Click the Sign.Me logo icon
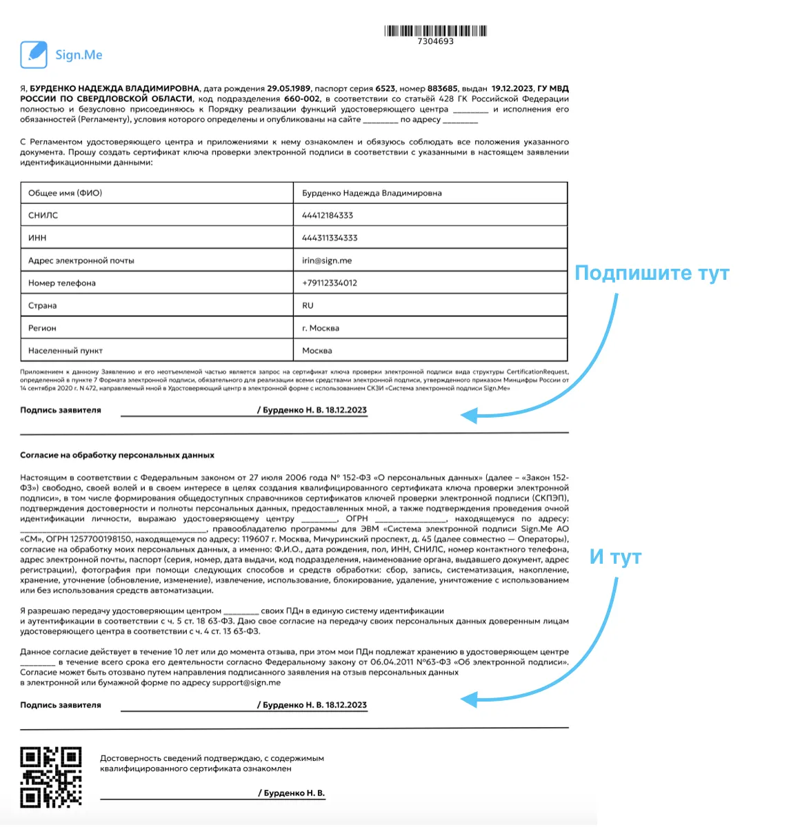(33, 54)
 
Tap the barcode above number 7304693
(435, 30)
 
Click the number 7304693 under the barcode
(435, 41)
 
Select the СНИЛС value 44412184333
(327, 216)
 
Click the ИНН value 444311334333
(330, 238)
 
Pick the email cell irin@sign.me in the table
(327, 261)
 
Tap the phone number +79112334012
(330, 283)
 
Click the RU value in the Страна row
(308, 305)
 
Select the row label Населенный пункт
(65, 350)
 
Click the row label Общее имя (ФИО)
(65, 193)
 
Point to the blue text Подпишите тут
(651, 273)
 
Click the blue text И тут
(615, 557)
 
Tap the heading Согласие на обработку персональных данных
(117, 456)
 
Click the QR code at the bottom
(51, 777)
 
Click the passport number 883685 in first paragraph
(442, 89)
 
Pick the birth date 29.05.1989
(289, 89)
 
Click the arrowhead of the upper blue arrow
(468, 416)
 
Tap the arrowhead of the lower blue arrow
(468, 700)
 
